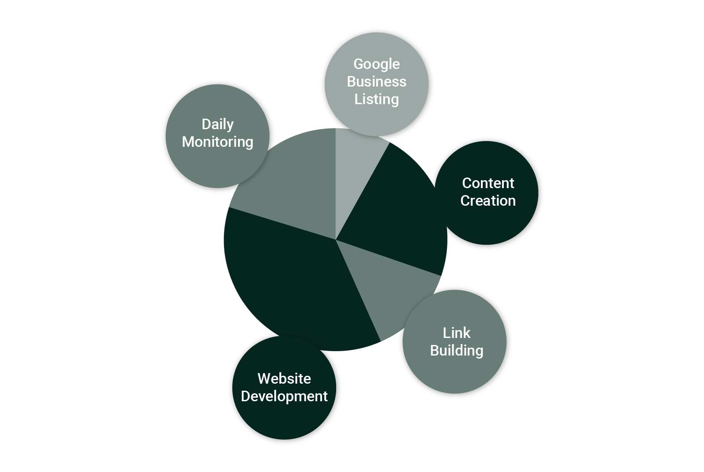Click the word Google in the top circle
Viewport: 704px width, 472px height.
376,64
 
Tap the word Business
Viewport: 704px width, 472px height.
376,82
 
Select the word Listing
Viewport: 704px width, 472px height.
376,99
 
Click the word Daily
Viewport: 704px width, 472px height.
217,124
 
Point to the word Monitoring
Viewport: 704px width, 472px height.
217,142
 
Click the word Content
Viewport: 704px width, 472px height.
488,183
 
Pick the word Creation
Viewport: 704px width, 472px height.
488,201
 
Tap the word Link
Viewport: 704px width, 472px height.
456,333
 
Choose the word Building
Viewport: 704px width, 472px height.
456,351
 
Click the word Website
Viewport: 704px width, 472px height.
284,378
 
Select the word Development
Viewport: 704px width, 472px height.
284,396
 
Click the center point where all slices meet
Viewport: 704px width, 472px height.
336,240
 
